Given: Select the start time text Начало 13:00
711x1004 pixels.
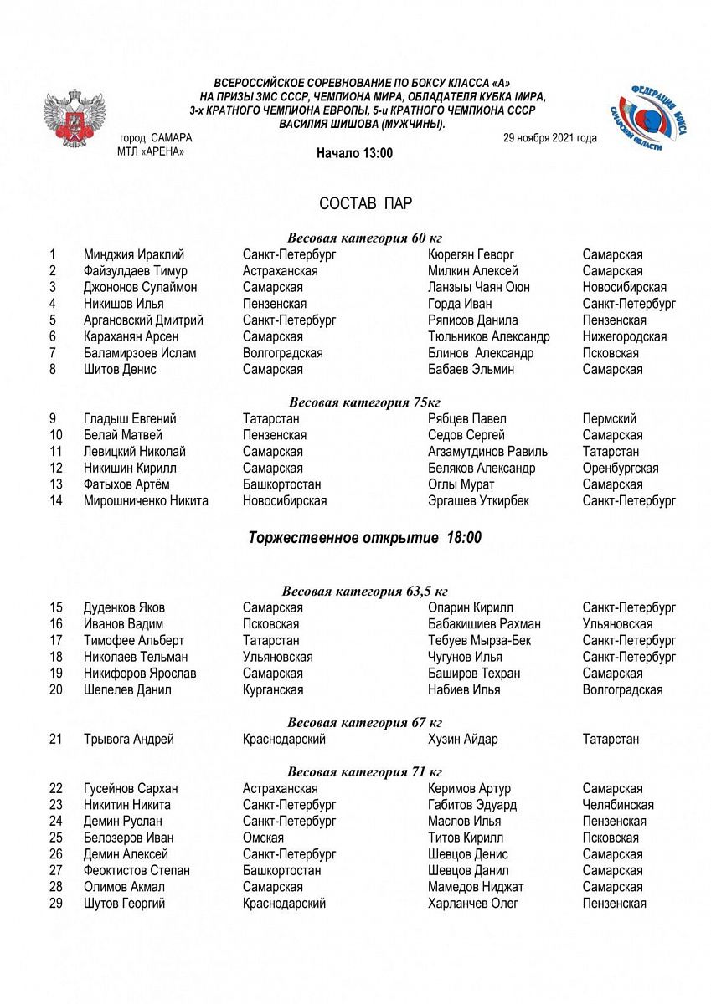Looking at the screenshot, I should click(354, 153).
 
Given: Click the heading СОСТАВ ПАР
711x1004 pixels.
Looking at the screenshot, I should click(365, 204).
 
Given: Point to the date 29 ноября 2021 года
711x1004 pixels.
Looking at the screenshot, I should click(549, 138).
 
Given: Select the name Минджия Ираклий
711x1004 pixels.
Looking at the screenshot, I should click(134, 254).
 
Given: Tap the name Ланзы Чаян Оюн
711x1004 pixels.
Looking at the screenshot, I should click(478, 287).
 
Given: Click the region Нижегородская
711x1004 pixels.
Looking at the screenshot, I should click(625, 336).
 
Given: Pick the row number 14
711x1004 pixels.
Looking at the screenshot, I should click(56, 500).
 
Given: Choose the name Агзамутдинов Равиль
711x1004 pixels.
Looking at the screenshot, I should click(487, 451).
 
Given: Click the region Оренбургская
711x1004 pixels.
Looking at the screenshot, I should click(621, 468).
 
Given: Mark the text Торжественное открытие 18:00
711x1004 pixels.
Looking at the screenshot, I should click(365, 538).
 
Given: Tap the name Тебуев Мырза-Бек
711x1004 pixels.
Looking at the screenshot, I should click(479, 640).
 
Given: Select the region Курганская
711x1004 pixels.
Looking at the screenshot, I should click(273, 689).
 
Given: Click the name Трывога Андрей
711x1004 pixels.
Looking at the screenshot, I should click(129, 739).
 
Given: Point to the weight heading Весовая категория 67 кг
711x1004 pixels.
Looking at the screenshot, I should click(364, 722).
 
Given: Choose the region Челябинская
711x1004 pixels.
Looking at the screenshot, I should click(618, 804).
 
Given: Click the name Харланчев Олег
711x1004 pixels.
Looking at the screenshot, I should click(472, 903).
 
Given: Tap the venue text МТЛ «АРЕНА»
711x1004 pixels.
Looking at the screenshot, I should click(151, 151).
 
